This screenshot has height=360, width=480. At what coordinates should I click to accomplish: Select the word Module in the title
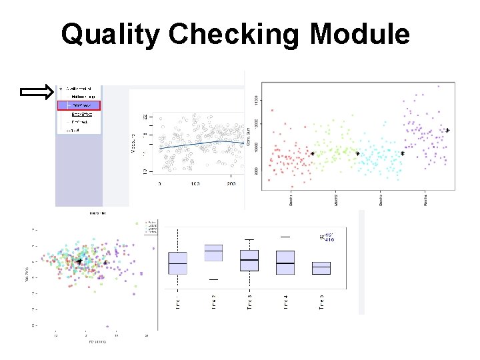360,34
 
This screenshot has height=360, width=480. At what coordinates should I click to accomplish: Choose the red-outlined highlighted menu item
79,105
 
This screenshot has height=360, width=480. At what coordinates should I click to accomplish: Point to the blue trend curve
200,142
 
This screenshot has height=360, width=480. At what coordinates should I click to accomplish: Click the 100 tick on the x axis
195,183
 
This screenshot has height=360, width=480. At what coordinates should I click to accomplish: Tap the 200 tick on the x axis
231,183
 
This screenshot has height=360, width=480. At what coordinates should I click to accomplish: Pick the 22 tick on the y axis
145,117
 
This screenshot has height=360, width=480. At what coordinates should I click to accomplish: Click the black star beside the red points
312,154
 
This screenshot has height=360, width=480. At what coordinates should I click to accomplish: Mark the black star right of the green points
357,153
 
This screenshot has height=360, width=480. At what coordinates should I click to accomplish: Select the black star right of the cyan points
402,153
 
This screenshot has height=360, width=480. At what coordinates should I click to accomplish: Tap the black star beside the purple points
447,130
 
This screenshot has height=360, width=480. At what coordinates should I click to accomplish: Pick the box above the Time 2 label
213,253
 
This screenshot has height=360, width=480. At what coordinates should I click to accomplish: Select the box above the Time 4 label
285,262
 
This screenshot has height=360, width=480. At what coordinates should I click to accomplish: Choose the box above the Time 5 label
321,268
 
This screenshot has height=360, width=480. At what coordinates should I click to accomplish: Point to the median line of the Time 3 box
249,259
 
